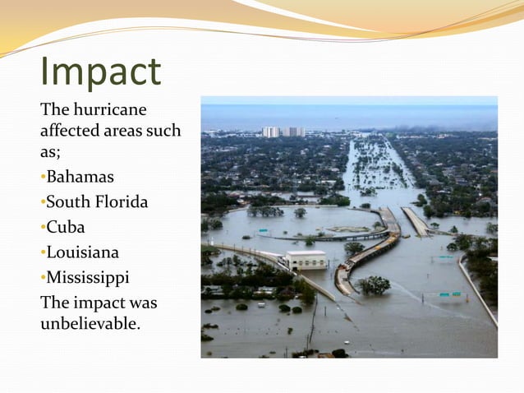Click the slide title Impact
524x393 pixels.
tap(101, 72)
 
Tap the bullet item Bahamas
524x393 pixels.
tap(80, 177)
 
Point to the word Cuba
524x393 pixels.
tap(66, 228)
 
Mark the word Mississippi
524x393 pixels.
tap(88, 278)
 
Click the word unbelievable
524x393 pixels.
tap(90, 323)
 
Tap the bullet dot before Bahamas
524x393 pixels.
tap(43, 178)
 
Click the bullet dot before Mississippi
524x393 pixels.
tap(43, 279)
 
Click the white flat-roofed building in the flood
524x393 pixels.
tap(306, 260)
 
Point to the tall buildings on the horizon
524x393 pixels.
tap(283, 132)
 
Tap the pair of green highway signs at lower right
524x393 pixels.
tap(449, 294)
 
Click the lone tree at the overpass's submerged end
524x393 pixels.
tap(375, 284)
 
